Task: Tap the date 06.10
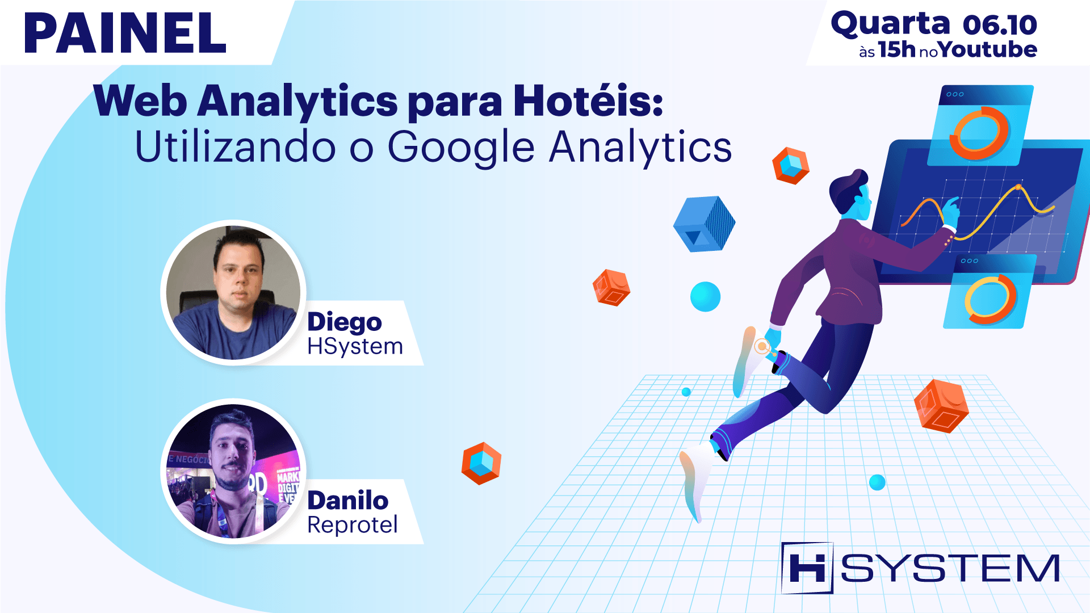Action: (1000, 25)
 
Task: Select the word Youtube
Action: (988, 50)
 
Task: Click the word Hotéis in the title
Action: (588, 101)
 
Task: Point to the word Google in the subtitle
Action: (461, 147)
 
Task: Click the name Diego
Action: (345, 322)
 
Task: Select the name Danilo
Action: (347, 501)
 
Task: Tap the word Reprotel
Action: (352, 525)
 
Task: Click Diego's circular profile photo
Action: (233, 292)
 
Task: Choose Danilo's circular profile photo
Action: (233, 471)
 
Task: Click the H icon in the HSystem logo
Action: (807, 568)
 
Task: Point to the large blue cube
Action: (704, 224)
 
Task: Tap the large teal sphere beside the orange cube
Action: (705, 296)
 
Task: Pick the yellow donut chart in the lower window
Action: (991, 299)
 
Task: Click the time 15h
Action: (896, 50)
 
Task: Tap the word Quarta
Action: (890, 25)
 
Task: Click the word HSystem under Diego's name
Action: (355, 346)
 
